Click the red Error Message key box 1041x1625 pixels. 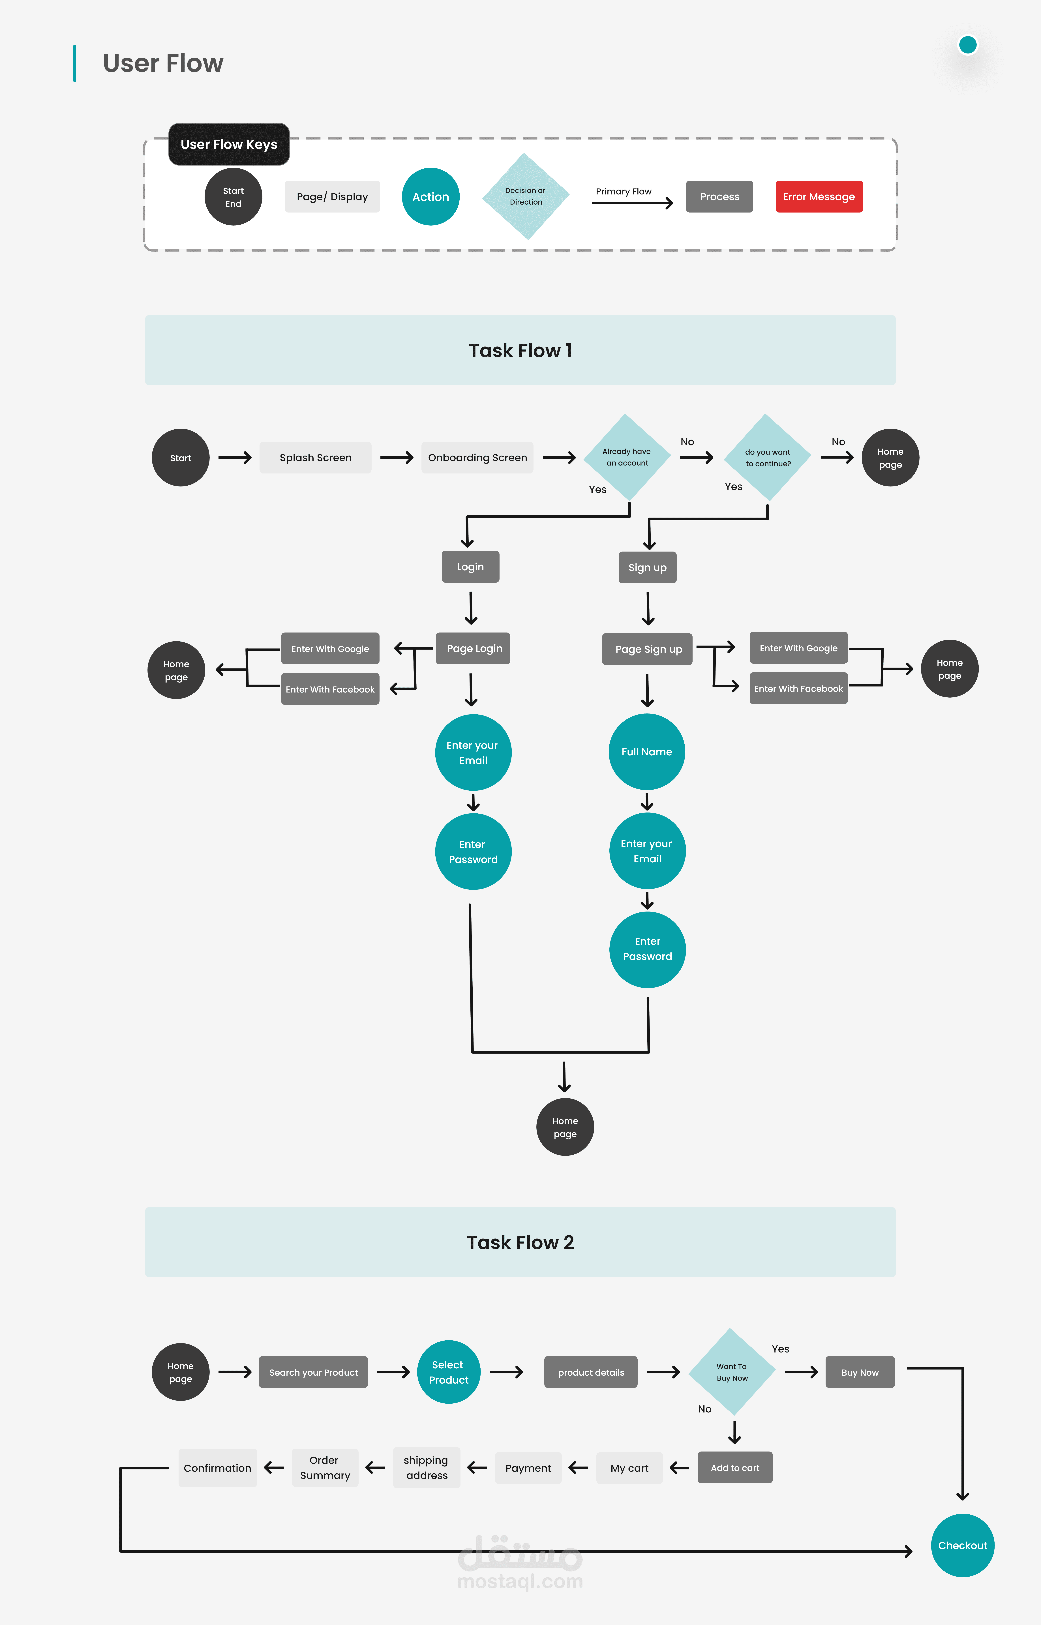819,197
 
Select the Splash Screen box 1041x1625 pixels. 316,458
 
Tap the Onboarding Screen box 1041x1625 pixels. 477,458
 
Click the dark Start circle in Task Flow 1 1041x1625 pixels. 181,458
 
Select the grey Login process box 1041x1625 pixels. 470,566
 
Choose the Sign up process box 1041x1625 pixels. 648,567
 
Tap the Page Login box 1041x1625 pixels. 473,648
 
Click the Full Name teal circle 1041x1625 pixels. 647,752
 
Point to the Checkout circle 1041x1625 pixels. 963,1545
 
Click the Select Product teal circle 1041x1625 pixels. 448,1372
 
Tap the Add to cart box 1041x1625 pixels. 735,1467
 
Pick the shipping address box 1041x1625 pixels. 427,1467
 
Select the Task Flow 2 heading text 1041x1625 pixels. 520,1242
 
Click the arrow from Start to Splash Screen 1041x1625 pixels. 235,458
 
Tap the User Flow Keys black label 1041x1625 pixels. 229,144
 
